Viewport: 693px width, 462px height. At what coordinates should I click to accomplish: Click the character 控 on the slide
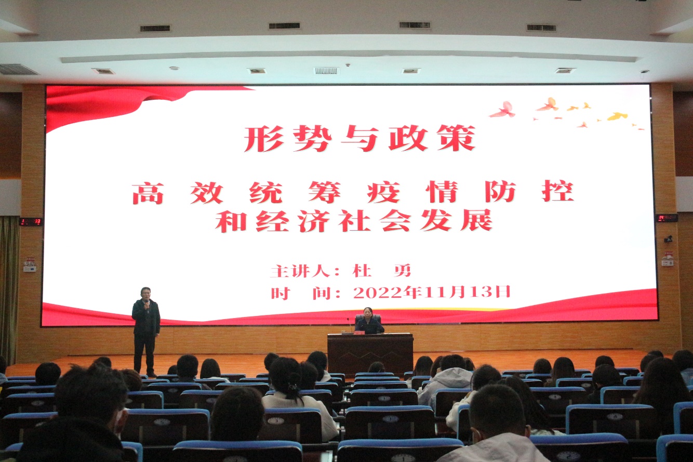point(558,192)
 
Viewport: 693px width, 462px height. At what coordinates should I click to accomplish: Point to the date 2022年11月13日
point(432,292)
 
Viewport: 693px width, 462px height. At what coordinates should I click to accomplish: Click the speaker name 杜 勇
point(382,271)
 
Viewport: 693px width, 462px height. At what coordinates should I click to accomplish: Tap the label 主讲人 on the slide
point(302,271)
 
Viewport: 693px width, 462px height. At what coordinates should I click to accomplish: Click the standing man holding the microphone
point(145,331)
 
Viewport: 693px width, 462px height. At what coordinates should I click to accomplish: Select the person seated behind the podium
point(369,321)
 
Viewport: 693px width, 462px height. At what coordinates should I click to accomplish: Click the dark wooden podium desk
point(370,353)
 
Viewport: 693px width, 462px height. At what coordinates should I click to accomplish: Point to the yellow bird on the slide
point(618,116)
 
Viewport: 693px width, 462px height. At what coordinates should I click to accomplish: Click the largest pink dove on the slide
point(503,110)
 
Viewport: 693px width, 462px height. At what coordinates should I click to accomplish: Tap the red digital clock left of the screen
point(31,221)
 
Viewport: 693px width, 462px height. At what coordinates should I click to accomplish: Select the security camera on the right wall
point(668,239)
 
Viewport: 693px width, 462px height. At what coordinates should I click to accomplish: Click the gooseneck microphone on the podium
point(350,325)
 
